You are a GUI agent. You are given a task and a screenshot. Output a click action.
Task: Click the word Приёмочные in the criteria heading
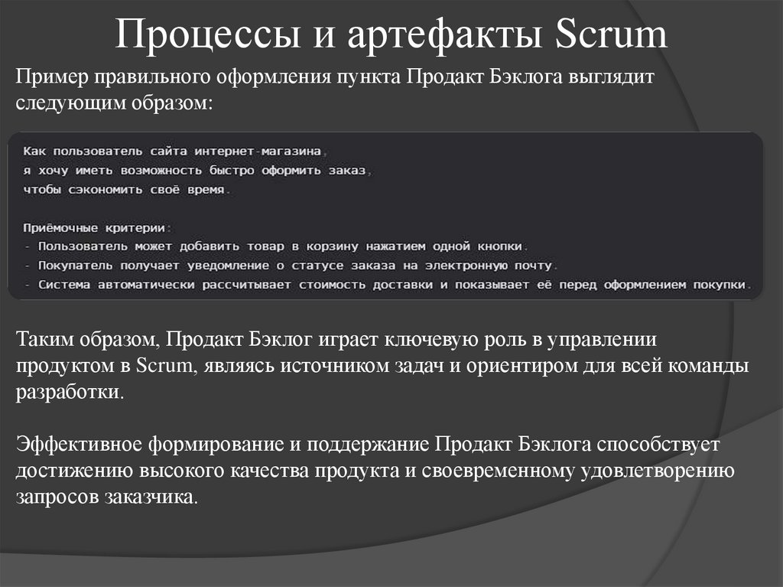(x=60, y=227)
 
